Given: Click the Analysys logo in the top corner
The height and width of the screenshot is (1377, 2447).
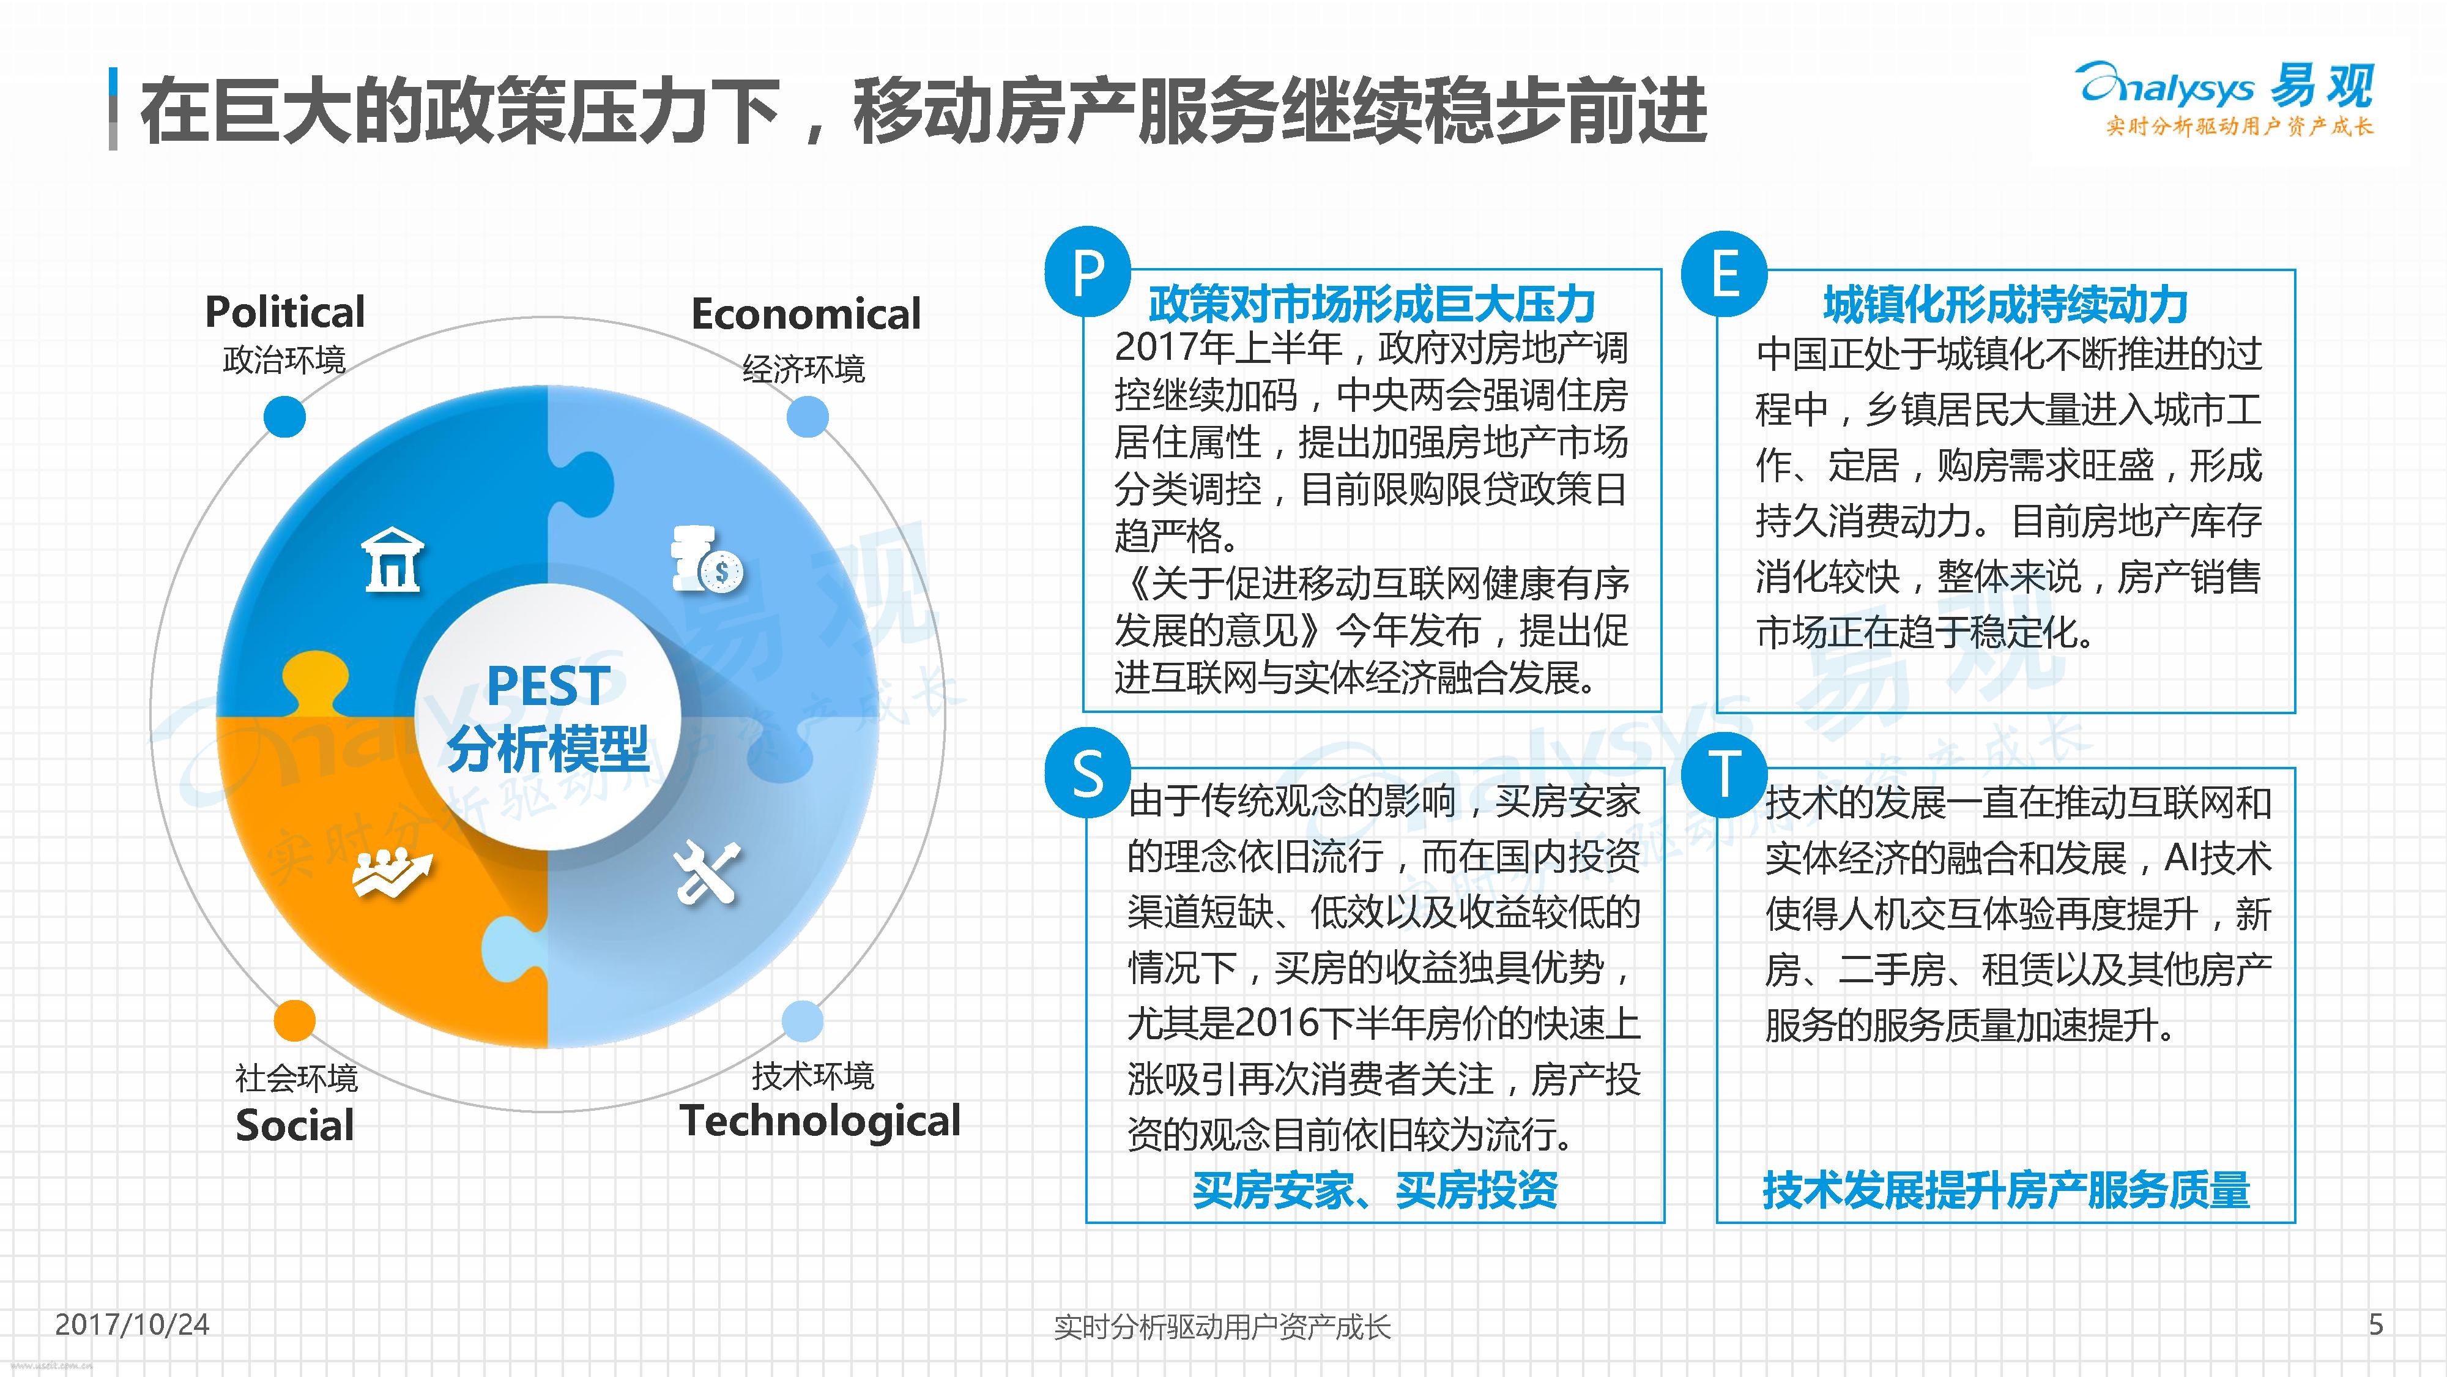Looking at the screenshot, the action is (x=2226, y=99).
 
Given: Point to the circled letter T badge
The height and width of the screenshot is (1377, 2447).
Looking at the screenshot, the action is (x=1724, y=774).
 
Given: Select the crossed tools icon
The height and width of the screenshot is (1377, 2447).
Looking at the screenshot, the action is (x=707, y=871).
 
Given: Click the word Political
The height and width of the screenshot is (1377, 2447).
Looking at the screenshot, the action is (x=285, y=312).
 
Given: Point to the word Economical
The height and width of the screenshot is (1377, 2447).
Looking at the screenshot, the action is (x=806, y=313).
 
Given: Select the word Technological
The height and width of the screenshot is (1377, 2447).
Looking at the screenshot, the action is (x=820, y=1121).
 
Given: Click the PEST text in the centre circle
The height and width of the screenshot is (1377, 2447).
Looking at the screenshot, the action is (x=548, y=685).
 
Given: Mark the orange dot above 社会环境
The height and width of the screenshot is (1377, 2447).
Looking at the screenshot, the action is (x=294, y=1021).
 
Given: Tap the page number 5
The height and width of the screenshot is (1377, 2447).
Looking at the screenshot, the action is (x=2376, y=1324).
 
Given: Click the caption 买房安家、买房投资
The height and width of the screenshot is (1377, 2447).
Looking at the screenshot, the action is (x=1375, y=1190).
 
